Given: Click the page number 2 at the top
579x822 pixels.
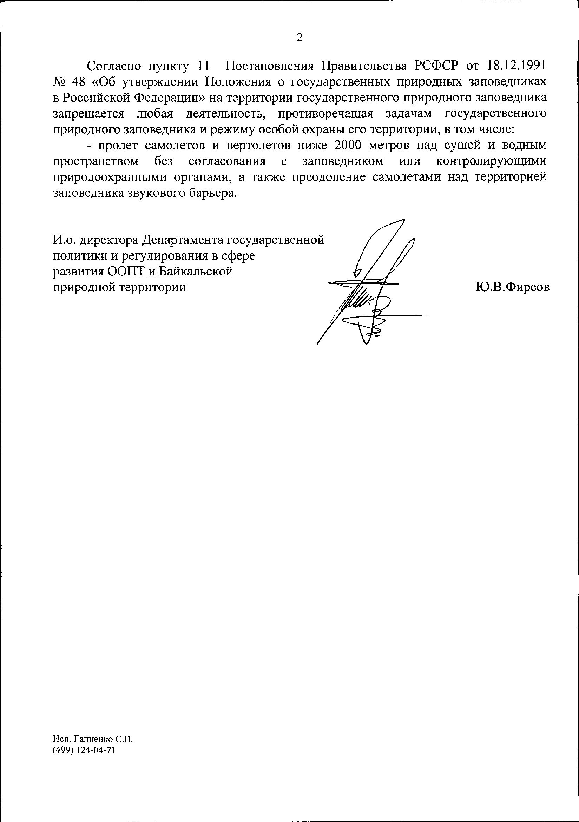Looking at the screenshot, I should pyautogui.click(x=300, y=38).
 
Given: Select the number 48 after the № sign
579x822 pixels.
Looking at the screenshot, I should pyautogui.click(x=78, y=82).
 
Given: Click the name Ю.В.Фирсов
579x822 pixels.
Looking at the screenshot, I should pyautogui.click(x=512, y=287).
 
